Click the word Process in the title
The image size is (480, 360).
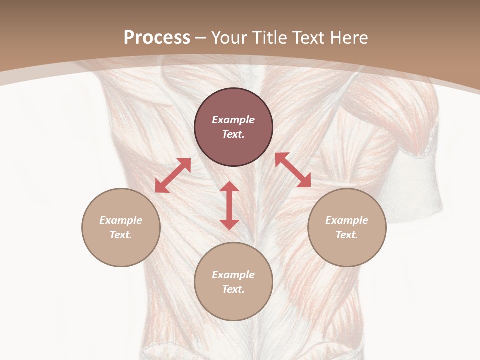pyautogui.click(x=157, y=38)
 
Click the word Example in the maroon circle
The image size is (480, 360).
pyautogui.click(x=233, y=120)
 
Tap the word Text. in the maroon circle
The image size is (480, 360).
pyautogui.click(x=233, y=134)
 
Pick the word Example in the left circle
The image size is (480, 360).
pyautogui.click(x=121, y=220)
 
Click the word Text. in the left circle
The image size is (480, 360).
pyautogui.click(x=121, y=235)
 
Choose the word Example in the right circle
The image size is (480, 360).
pyautogui.click(x=347, y=220)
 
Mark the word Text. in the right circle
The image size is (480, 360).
pyautogui.click(x=347, y=235)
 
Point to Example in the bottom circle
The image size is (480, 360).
pyautogui.click(x=233, y=275)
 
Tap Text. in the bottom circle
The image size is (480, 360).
pyautogui.click(x=233, y=289)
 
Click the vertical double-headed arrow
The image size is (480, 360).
pyautogui.click(x=229, y=206)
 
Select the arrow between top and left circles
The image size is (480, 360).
pyautogui.click(x=173, y=175)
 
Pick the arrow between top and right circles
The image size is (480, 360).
pyautogui.click(x=293, y=170)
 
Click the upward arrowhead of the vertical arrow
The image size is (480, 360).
pyautogui.click(x=229, y=186)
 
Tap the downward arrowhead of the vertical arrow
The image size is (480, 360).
pyautogui.click(x=229, y=224)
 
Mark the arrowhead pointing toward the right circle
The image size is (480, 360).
pyautogui.click(x=304, y=181)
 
